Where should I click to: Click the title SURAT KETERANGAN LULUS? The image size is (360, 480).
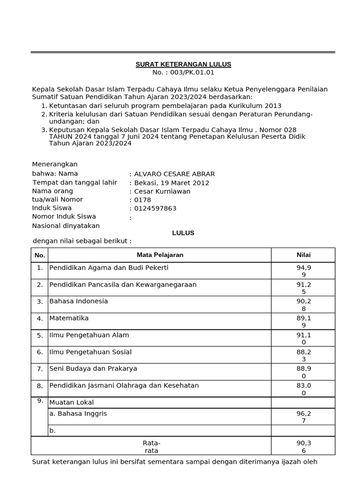(183, 64)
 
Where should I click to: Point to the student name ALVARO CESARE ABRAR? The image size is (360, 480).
(174, 174)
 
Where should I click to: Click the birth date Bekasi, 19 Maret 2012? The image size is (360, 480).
(172, 183)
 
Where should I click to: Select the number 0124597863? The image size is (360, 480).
(155, 208)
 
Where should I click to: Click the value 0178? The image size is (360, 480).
(142, 200)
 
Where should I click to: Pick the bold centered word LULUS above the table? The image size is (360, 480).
(183, 232)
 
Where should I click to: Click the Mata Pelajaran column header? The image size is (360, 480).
(160, 255)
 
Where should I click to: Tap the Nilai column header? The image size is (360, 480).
(303, 255)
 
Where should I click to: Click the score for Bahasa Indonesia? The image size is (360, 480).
(303, 305)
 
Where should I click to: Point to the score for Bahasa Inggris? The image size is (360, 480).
(303, 417)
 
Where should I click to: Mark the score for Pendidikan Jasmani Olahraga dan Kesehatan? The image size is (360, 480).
(303, 389)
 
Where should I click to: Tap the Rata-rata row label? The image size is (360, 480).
(151, 446)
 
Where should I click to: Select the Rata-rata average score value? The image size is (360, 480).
(303, 446)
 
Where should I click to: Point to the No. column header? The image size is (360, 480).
(40, 255)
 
